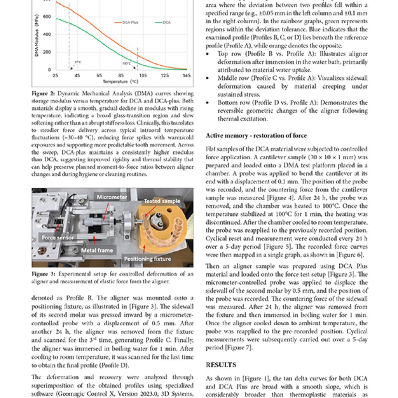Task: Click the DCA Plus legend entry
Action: (x=127, y=23)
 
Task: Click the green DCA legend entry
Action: (x=163, y=23)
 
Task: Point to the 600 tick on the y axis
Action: (x=47, y=16)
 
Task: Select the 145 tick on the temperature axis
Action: (x=187, y=75)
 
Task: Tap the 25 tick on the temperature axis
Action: (x=56, y=75)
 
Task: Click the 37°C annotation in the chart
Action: (x=77, y=62)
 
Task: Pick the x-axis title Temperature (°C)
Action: (x=120, y=82)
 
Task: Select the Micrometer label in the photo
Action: (x=112, y=197)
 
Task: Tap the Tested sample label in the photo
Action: (x=162, y=201)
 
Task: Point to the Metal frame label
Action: (x=97, y=251)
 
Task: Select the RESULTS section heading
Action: (x=221, y=365)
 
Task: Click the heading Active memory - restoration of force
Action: (x=256, y=136)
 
